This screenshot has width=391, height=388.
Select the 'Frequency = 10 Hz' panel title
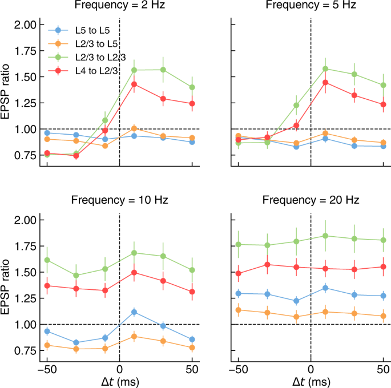[x=119, y=200]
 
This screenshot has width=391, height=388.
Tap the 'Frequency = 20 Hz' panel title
[x=311, y=200]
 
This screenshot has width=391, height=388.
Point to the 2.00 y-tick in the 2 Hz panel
[x=26, y=25]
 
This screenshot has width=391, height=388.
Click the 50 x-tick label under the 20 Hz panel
[x=382, y=370]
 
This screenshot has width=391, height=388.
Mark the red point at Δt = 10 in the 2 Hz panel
[x=135, y=84]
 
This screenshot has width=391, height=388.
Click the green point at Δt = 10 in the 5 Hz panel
[x=326, y=68]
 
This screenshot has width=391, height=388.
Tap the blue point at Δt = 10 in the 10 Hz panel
[x=135, y=312]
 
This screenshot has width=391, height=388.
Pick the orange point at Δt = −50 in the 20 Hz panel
[x=239, y=310]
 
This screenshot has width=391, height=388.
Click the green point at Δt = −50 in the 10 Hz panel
[x=47, y=260]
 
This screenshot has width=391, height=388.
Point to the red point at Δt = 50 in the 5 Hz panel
[x=383, y=104]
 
